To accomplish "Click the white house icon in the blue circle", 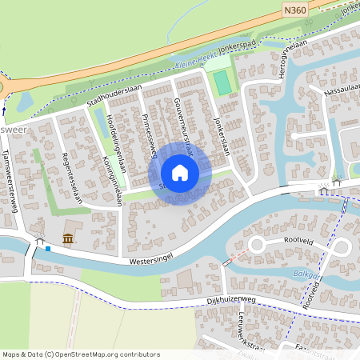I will pyautogui.click(x=180, y=172).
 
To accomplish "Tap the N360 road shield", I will pyautogui.click(x=293, y=10).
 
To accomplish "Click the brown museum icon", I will pyautogui.click(x=68, y=238).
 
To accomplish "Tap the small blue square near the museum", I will pyautogui.click(x=48, y=248).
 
